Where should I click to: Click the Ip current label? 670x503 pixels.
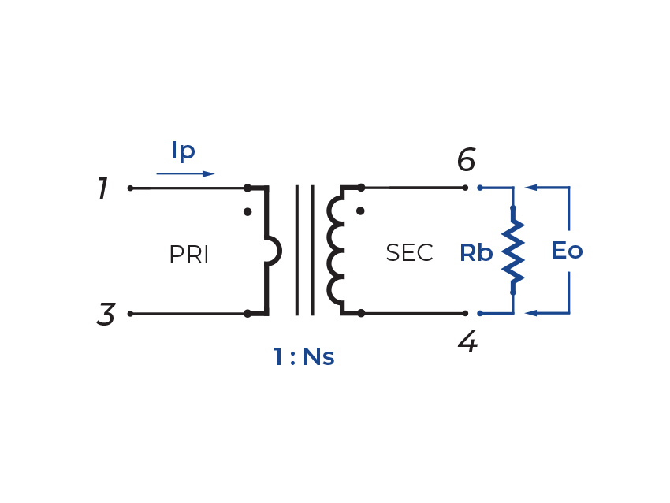pyautogui.click(x=183, y=151)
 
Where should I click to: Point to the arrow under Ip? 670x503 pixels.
pyautogui.click(x=185, y=173)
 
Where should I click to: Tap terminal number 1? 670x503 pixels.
pyautogui.click(x=102, y=189)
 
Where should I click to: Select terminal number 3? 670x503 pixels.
pyautogui.click(x=106, y=315)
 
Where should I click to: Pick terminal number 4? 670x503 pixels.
pyautogui.click(x=467, y=342)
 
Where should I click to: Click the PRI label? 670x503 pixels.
pyautogui.click(x=189, y=255)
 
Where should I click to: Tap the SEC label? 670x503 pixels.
pyautogui.click(x=409, y=253)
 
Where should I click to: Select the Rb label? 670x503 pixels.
pyautogui.click(x=476, y=253)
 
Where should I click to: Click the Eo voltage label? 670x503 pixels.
pyautogui.click(x=567, y=251)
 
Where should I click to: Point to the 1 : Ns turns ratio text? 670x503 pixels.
pyautogui.click(x=304, y=357)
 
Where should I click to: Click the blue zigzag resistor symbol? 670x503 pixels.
pyautogui.click(x=513, y=251)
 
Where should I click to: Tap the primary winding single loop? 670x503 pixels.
pyautogui.click(x=274, y=251)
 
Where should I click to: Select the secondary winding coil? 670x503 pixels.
pyautogui.click(x=336, y=251)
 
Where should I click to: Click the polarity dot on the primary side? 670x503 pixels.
pyautogui.click(x=248, y=212)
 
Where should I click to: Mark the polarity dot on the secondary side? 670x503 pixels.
pyautogui.click(x=360, y=211)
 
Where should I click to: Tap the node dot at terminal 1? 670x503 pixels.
pyautogui.click(x=130, y=188)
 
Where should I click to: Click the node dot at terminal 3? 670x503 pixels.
pyautogui.click(x=130, y=314)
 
